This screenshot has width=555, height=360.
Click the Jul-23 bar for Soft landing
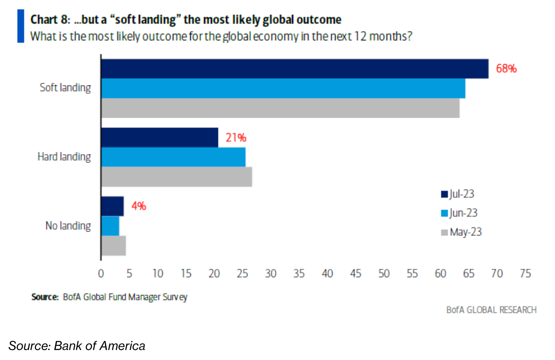point(295,69)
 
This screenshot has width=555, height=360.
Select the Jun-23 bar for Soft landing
point(283,88)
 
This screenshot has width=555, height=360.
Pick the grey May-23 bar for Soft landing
point(280,108)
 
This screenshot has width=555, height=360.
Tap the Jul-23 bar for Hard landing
point(160,137)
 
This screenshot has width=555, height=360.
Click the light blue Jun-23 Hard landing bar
point(173,157)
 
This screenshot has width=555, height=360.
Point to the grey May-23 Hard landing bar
point(176,177)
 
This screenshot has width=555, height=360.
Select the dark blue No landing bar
point(112,206)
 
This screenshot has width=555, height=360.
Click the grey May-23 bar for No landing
point(113,245)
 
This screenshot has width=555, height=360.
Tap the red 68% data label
point(506,69)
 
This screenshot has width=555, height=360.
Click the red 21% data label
point(236,138)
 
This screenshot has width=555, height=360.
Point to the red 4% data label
point(139,206)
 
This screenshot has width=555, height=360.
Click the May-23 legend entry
point(461,232)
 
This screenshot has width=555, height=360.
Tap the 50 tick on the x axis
point(384,274)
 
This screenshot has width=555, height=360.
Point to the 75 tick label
point(525,274)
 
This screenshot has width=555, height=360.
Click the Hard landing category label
point(64,157)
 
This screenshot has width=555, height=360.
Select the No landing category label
point(68,226)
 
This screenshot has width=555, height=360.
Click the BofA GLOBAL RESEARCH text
point(491,310)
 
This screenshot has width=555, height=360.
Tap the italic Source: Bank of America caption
point(77,346)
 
